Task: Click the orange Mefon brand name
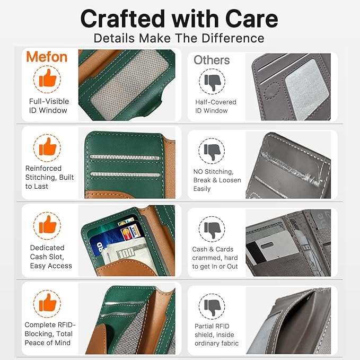[47, 57]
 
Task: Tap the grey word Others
[212, 60]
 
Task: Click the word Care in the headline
[252, 19]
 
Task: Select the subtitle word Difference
[233, 38]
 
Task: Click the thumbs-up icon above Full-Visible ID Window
[47, 79]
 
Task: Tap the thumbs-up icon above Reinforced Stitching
[47, 147]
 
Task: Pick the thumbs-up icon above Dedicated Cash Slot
[47, 225]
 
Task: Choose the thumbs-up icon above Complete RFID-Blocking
[47, 303]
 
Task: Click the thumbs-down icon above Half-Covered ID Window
[212, 82]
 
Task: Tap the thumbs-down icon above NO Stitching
[212, 151]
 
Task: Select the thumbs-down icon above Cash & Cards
[212, 229]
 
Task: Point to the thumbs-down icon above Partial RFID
[212, 306]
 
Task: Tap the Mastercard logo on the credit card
[126, 235]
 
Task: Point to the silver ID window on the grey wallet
[307, 89]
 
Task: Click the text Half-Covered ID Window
[216, 106]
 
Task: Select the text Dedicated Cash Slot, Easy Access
[51, 257]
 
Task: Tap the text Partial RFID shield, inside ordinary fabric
[216, 335]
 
